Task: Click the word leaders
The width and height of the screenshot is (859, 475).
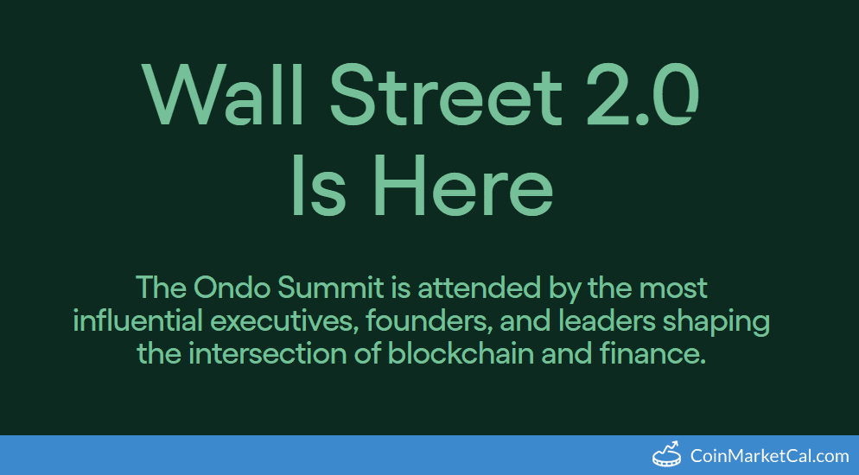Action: pos(604,320)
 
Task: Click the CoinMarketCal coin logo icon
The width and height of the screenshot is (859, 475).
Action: pos(666,454)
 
